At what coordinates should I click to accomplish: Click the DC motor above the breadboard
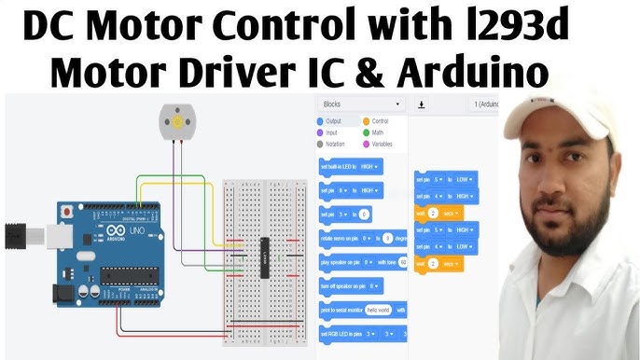point(173,122)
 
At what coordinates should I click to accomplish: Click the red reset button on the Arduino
point(66,214)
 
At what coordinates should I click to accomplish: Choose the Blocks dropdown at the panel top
point(361,104)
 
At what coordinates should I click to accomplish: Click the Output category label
point(333,121)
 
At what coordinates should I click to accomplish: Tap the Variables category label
point(382,145)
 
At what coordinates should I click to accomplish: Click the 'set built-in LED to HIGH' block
point(351,166)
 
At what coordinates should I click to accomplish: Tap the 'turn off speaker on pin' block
point(351,285)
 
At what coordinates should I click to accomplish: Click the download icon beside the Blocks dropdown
point(422,104)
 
